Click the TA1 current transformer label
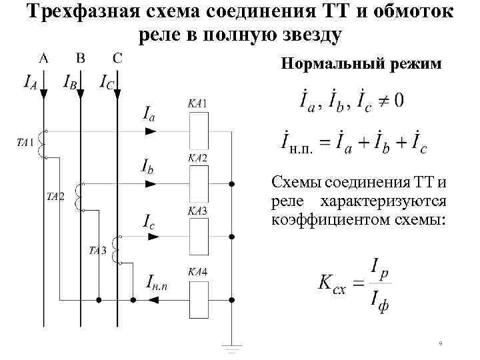click(25, 142)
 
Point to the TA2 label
click(55, 196)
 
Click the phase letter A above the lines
click(44, 58)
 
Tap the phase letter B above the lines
click(81, 58)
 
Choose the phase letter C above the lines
click(117, 58)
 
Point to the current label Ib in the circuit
click(149, 165)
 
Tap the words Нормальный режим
click(361, 64)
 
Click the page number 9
click(441, 344)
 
